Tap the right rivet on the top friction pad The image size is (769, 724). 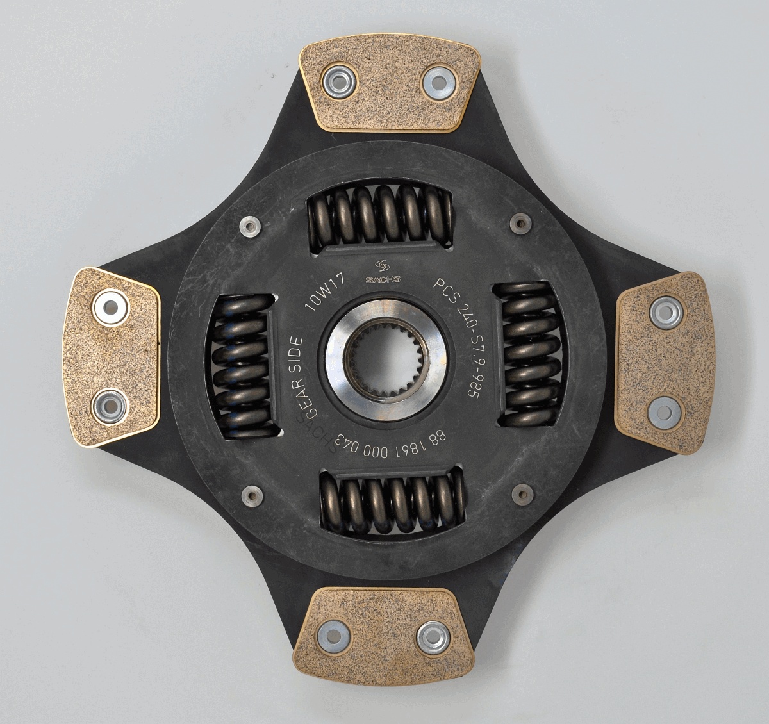[438, 81]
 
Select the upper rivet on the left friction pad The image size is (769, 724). [111, 307]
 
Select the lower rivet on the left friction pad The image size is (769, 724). [108, 405]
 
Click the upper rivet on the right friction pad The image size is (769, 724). [665, 313]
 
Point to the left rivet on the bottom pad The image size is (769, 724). [334, 636]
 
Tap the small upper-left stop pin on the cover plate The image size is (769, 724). [249, 226]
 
